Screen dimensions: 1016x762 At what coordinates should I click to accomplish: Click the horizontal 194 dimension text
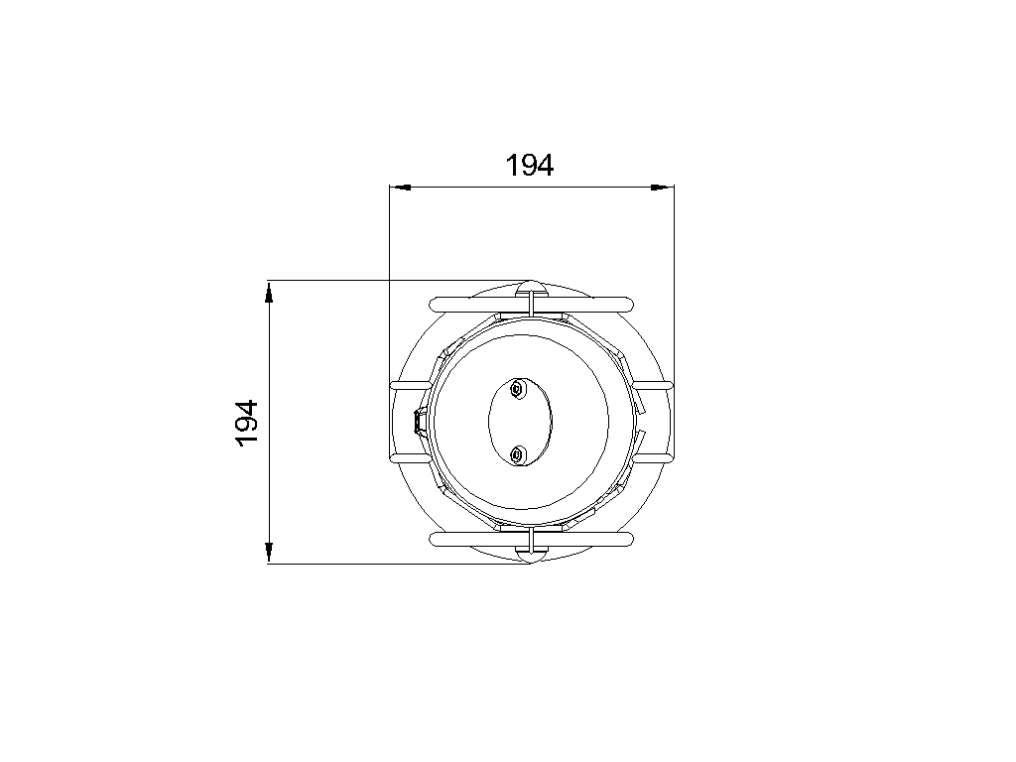[x=530, y=166]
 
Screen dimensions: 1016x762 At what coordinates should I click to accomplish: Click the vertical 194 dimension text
[x=247, y=423]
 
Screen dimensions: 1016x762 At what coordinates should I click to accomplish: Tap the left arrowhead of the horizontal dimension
[x=401, y=188]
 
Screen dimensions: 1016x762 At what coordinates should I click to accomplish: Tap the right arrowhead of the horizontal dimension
[x=663, y=188]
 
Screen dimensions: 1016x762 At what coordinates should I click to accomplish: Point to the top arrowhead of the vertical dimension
[x=269, y=292]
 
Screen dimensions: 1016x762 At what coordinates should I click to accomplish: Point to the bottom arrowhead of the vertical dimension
[x=269, y=553]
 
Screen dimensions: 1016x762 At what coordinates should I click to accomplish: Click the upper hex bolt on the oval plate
[x=517, y=389]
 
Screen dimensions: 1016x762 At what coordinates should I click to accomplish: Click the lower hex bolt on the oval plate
[x=517, y=454]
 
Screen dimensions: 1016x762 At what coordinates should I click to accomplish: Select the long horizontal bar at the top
[x=532, y=304]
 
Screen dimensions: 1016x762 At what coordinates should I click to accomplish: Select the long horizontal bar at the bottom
[x=532, y=540]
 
